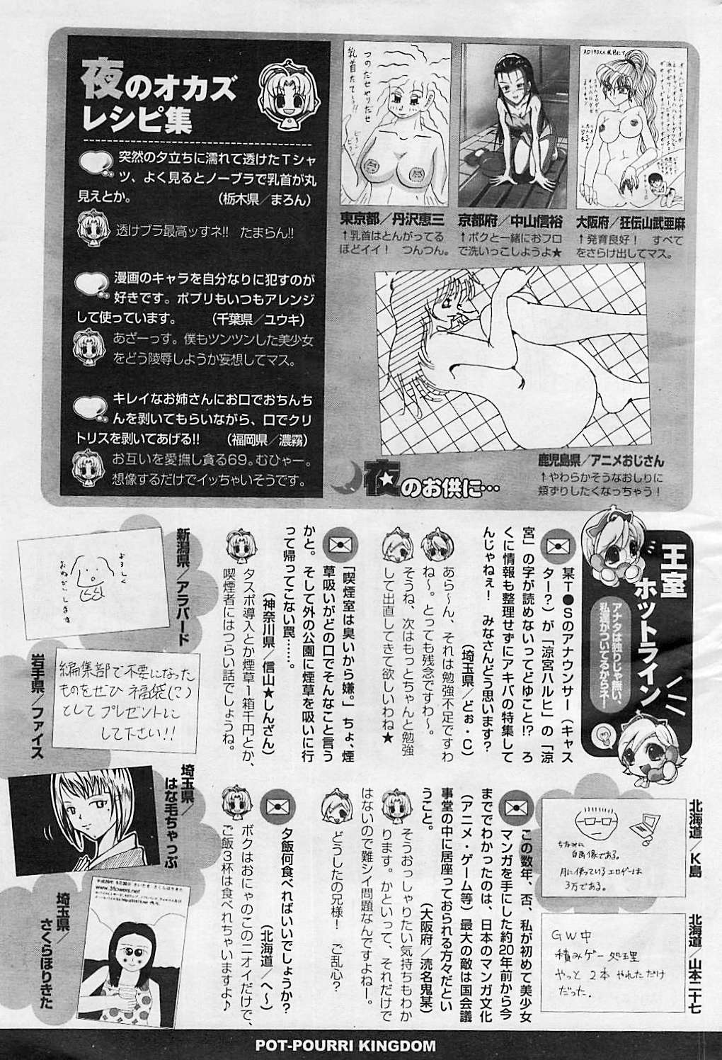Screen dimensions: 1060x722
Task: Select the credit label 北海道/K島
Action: tap(695, 828)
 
